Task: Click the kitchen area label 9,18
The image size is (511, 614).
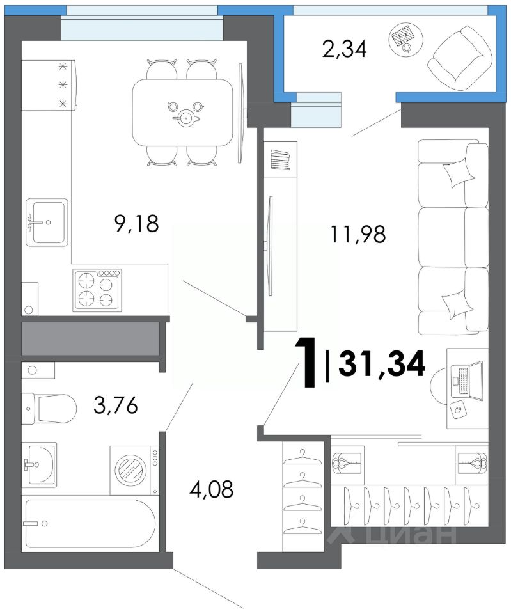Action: [x=137, y=224]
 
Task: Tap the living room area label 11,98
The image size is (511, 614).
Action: [x=358, y=235]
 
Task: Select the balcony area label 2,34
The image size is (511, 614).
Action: [x=345, y=50]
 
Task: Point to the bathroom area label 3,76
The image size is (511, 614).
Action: [x=116, y=405]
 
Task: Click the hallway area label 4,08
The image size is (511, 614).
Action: [x=212, y=489]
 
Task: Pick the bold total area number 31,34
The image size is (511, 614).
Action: [x=382, y=364]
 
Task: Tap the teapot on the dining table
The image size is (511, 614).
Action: [x=184, y=118]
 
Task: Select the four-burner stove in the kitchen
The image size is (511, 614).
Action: [x=97, y=290]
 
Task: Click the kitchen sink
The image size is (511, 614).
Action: [x=47, y=223]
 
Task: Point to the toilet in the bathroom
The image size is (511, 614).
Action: [x=49, y=409]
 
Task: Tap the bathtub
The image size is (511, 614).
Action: [x=90, y=524]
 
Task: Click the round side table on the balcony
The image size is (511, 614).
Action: [x=406, y=38]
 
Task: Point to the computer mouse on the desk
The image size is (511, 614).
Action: [x=458, y=410]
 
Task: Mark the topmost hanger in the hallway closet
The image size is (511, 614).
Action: [x=303, y=457]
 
